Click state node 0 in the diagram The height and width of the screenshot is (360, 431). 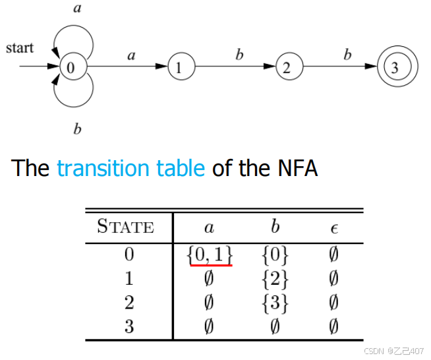coord(71,67)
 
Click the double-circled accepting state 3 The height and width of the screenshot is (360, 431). coord(394,67)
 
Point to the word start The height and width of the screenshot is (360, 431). coord(20,48)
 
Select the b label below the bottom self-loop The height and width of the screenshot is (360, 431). coord(77,129)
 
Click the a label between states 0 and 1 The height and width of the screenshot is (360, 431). coord(131,56)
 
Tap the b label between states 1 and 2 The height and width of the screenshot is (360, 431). coord(239,55)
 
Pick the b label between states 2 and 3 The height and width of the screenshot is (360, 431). coord(347,55)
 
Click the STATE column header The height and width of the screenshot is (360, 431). coord(125,227)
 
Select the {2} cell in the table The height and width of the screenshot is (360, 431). coord(275,279)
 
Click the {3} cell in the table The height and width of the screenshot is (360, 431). coord(275,303)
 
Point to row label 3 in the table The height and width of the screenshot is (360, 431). coord(129,326)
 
